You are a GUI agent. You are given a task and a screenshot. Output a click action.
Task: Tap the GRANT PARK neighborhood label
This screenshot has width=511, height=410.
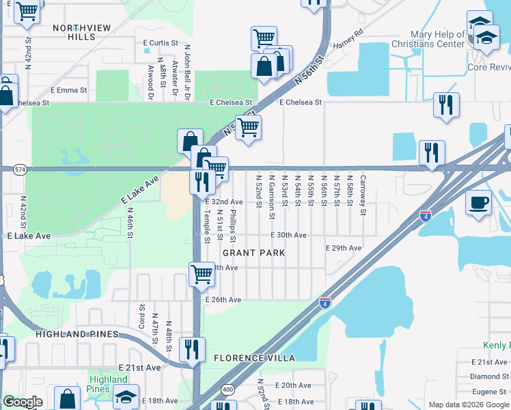pos(253,253)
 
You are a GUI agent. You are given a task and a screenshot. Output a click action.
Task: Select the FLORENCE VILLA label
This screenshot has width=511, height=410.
pos(254,358)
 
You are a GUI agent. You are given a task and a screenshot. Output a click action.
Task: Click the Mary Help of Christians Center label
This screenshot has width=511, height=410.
pos(447,40)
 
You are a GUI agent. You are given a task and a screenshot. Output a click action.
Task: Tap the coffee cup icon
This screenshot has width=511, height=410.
pos(479,202)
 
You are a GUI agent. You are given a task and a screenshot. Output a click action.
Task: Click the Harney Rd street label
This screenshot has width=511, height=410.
pos(348,40)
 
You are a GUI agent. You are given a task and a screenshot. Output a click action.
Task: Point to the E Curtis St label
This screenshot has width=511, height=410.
pos(161,42)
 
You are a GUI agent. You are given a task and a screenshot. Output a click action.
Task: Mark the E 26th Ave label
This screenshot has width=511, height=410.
pos(223,299)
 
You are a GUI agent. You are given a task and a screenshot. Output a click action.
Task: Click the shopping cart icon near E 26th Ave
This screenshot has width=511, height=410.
pos(202,275)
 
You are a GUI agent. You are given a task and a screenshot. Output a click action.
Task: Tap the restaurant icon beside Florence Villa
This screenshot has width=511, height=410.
pos(192,348)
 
